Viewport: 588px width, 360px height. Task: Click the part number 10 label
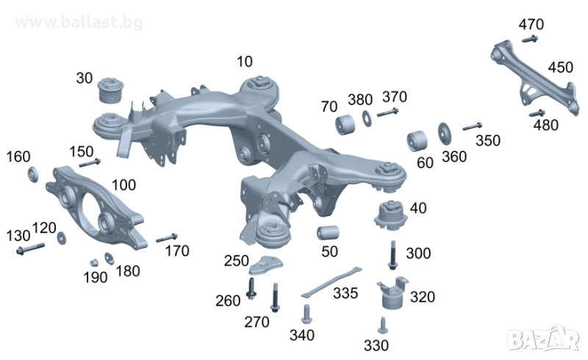click(245, 62)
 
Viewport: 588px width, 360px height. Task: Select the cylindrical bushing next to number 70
click(345, 125)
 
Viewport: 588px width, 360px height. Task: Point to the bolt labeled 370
click(388, 112)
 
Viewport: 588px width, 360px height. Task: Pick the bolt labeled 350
click(472, 126)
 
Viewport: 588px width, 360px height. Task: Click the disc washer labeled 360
click(445, 134)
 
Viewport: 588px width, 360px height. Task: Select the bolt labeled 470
click(530, 39)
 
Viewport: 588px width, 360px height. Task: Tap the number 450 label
click(561, 68)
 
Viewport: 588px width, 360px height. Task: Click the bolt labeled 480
click(537, 113)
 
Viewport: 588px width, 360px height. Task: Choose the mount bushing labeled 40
click(391, 215)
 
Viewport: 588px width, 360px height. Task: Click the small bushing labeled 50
click(328, 232)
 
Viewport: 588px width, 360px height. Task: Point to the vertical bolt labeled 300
click(392, 255)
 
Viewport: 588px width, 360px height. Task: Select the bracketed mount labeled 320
click(392, 293)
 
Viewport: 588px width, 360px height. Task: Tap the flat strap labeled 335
click(331, 281)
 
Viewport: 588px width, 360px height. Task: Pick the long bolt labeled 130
click(30, 248)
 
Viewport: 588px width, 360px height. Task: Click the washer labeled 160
click(33, 174)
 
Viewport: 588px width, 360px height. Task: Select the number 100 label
click(123, 185)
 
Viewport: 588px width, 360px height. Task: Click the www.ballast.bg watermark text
click(79, 22)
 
